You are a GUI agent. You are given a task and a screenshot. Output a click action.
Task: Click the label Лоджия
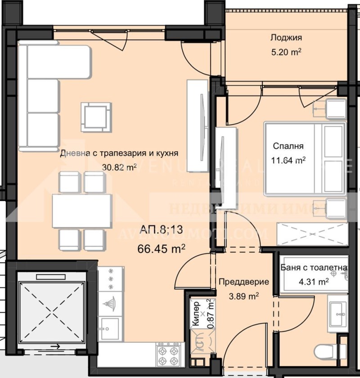tap(286, 38)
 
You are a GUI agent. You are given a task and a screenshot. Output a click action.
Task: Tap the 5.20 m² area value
tap(286, 52)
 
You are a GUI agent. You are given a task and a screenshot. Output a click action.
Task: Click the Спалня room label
tap(288, 146)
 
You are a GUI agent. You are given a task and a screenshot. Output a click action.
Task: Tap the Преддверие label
tap(244, 282)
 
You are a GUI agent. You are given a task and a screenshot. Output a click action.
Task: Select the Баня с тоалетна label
tap(314, 269)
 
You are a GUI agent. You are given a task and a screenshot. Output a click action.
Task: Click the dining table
tap(82, 210)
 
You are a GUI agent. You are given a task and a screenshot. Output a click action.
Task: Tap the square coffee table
tap(96, 116)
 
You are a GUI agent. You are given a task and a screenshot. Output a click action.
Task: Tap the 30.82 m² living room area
tap(119, 167)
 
